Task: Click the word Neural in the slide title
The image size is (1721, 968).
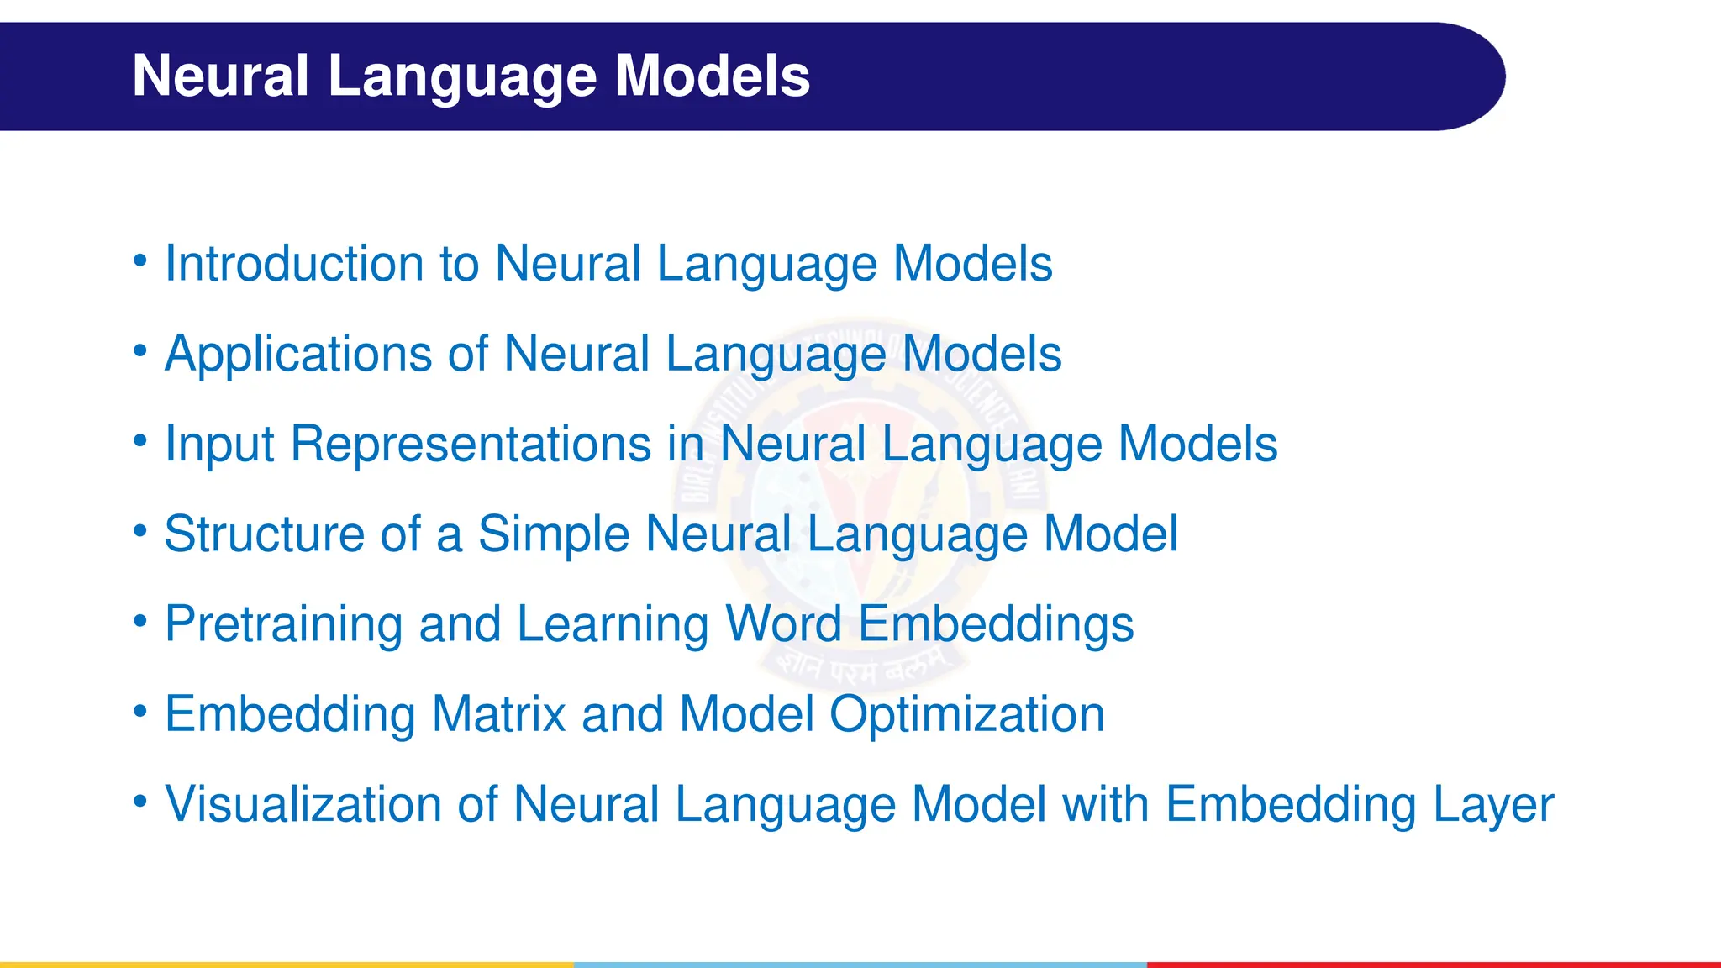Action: [221, 76]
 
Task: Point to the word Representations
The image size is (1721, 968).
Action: [471, 444]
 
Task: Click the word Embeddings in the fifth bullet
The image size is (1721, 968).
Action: [996, 624]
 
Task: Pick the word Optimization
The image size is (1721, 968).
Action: [966, 714]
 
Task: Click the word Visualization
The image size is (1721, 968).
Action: [303, 804]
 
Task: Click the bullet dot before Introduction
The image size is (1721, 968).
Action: [140, 260]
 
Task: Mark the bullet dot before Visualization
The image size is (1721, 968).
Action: [140, 801]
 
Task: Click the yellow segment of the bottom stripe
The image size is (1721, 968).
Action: [286, 964]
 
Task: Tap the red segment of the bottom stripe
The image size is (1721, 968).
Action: [1434, 964]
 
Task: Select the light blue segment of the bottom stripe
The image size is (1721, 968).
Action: [860, 964]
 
